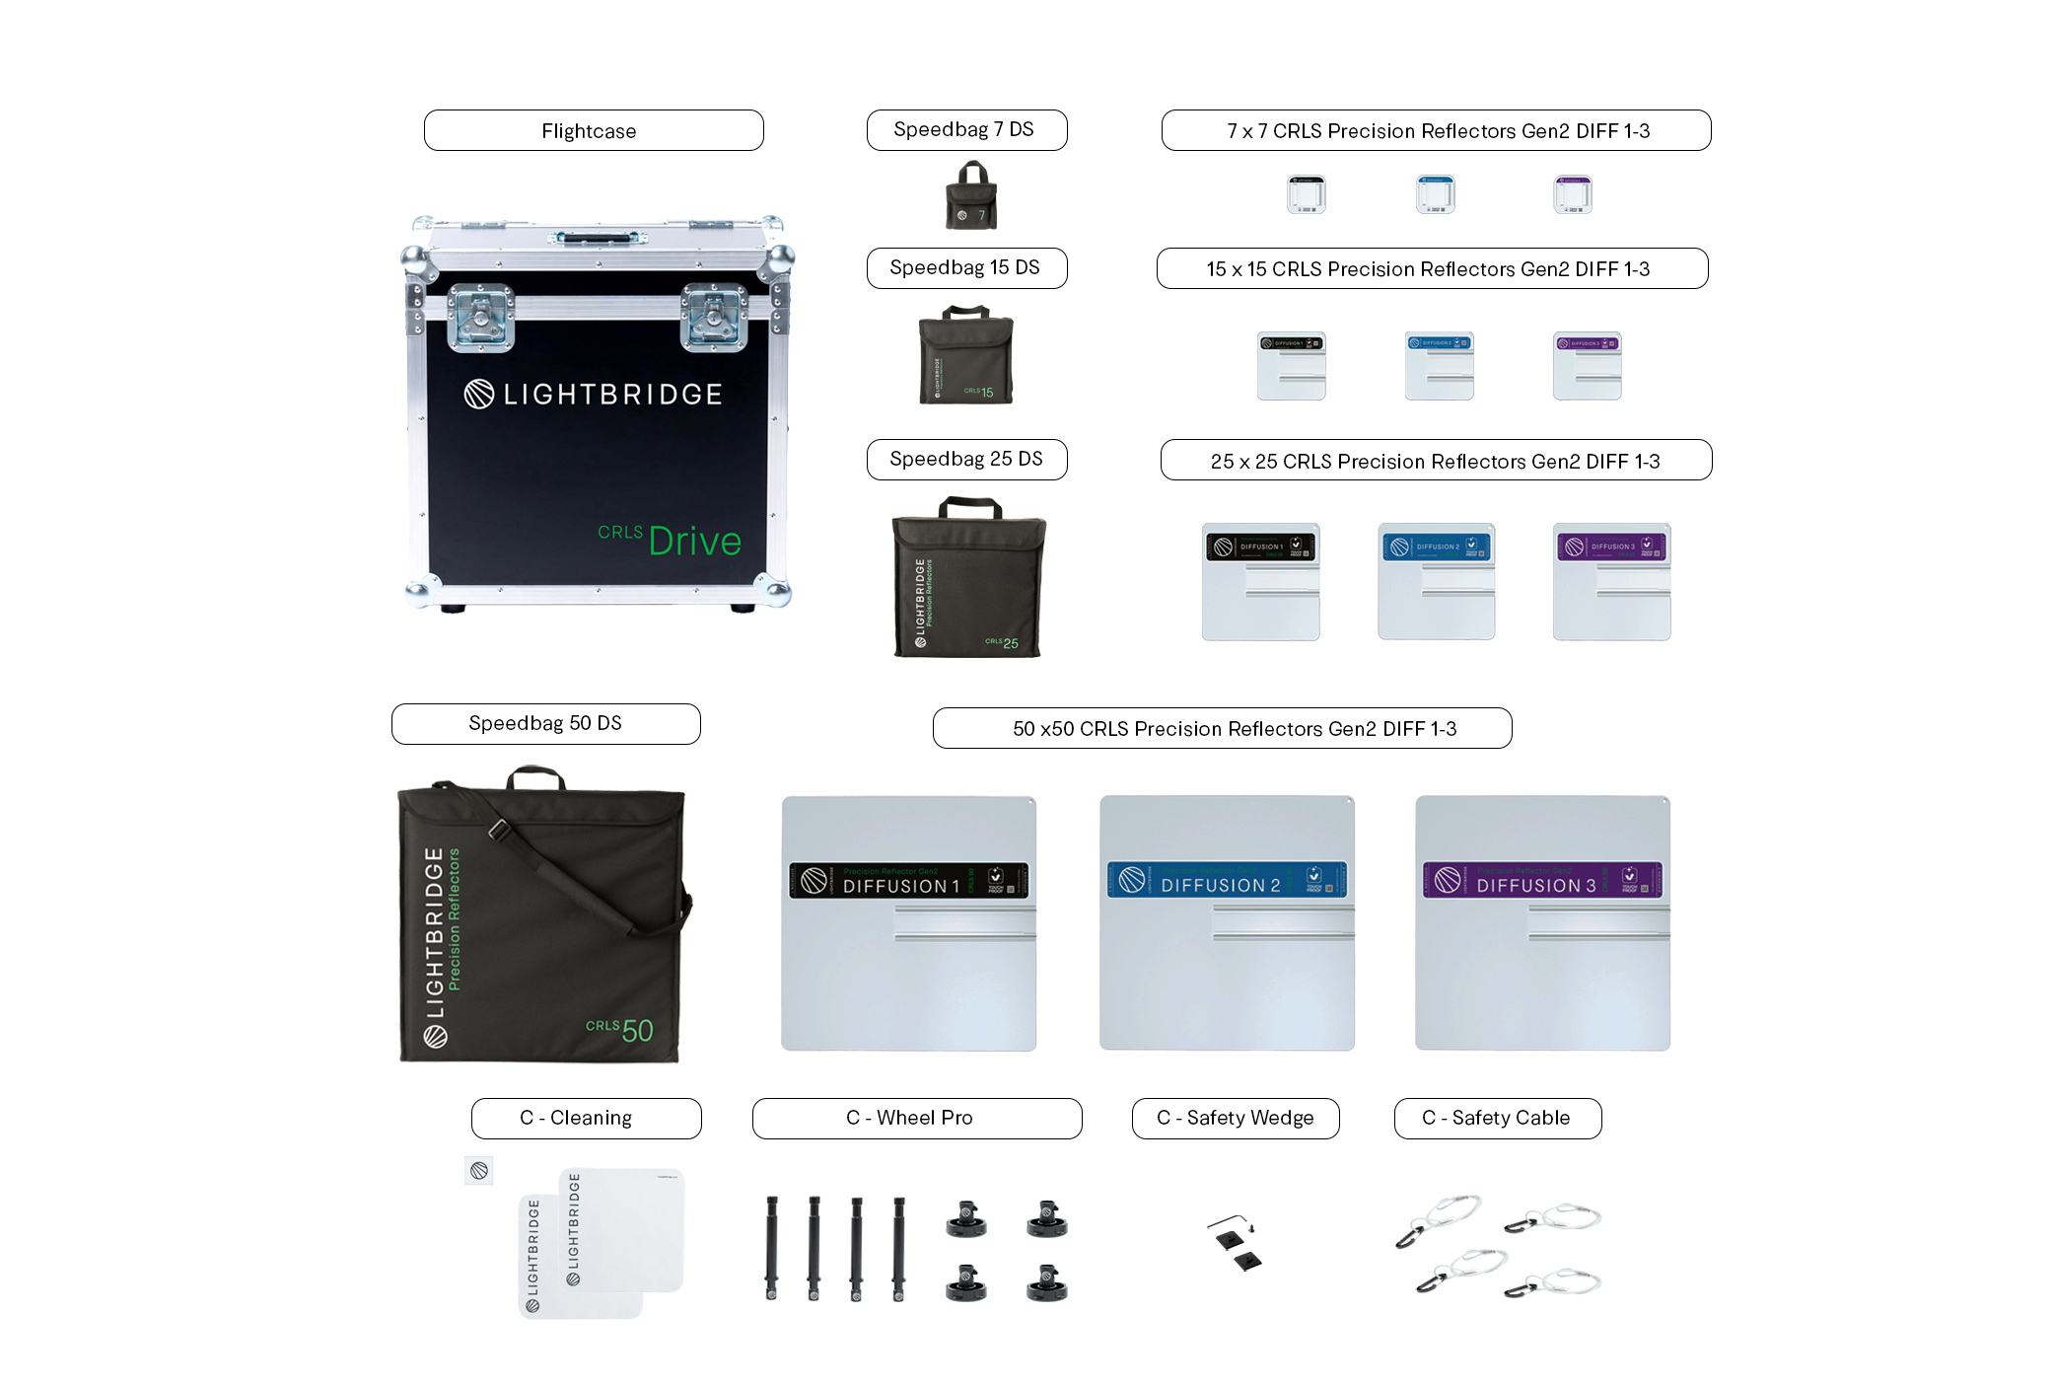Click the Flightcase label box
(593, 130)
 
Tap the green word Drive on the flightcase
(694, 542)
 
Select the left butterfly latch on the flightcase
(480, 318)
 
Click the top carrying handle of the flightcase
(599, 238)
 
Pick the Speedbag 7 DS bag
(971, 197)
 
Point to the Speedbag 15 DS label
(965, 268)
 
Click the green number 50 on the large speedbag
(637, 1031)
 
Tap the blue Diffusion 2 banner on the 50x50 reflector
(1226, 880)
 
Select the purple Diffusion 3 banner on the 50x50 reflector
(1541, 880)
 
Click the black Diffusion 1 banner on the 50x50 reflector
(908, 881)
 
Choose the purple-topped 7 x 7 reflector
(1573, 194)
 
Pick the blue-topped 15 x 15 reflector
(1439, 366)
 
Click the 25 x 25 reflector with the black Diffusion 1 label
(1260, 581)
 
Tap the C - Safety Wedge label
(1235, 1118)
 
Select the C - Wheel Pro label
(916, 1118)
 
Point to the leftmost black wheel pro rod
(772, 1248)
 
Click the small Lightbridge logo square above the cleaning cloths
(479, 1171)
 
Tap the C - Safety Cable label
(1497, 1118)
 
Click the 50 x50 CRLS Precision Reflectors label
(1222, 728)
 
